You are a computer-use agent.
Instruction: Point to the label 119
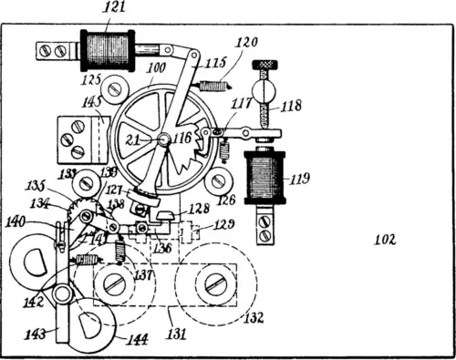click(300, 180)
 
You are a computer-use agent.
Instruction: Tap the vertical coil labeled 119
click(264, 176)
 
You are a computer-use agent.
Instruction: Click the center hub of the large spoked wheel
click(164, 139)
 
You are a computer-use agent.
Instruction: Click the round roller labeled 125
click(114, 89)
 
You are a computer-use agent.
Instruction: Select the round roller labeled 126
click(217, 180)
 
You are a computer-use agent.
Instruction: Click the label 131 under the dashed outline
click(176, 334)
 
